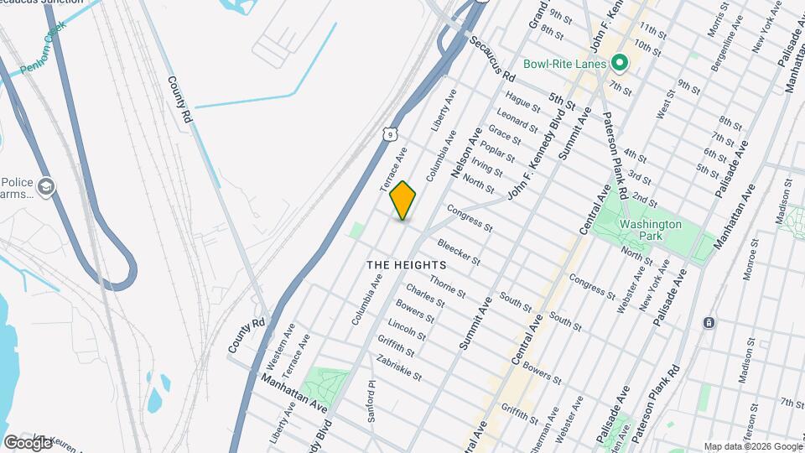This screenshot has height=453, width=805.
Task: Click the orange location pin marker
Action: click(402, 200)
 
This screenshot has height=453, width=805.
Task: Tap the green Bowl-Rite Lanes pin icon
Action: click(620, 63)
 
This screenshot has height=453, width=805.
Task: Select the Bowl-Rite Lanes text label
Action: click(566, 64)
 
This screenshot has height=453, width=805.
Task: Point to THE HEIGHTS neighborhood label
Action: click(406, 264)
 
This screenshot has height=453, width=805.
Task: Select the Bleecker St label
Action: click(459, 252)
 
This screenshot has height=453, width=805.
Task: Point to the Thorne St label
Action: click(448, 286)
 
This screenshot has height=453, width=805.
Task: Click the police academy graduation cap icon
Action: click(47, 186)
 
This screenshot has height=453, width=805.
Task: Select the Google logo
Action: click(28, 441)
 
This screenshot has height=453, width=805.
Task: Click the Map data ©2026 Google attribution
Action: click(752, 446)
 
